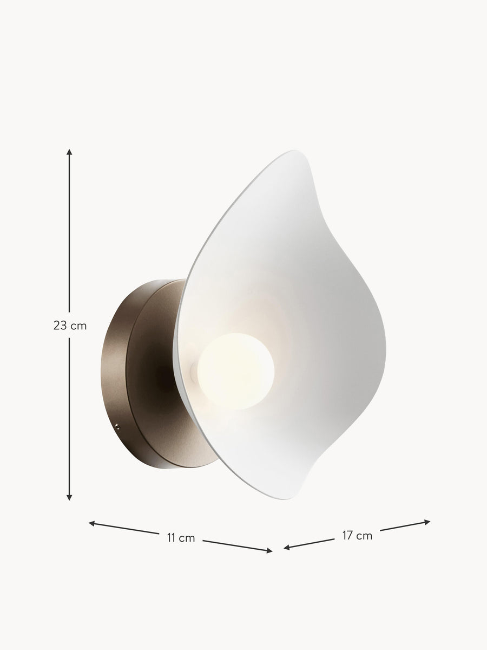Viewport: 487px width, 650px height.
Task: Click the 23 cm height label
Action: (x=70, y=326)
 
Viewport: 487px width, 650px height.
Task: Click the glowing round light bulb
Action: (x=236, y=372)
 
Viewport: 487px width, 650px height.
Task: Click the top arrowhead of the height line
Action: (x=69, y=152)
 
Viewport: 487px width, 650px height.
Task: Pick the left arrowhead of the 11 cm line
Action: (x=92, y=524)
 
